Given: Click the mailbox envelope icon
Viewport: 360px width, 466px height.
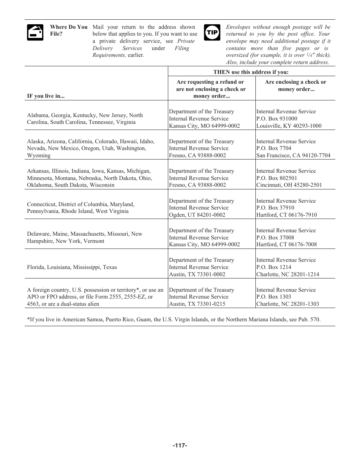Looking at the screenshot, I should point(35,32).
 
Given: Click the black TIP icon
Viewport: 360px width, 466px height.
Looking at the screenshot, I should point(212,33).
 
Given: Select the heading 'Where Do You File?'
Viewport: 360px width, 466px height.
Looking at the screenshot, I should point(69,30).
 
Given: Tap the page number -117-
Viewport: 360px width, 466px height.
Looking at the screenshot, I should point(180,446).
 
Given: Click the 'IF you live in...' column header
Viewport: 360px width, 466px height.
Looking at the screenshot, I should point(45,96).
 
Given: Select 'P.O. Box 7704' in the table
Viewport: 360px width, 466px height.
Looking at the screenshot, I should point(274,148).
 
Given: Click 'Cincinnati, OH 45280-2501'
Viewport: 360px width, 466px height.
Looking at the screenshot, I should point(289,185).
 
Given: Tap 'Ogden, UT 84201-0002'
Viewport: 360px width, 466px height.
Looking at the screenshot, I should point(197,215).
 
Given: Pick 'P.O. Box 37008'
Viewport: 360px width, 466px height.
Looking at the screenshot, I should point(275,238).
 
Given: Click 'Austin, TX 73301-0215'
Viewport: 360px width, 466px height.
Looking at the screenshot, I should point(197,304).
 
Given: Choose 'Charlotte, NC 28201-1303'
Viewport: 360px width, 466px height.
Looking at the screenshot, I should point(288,304).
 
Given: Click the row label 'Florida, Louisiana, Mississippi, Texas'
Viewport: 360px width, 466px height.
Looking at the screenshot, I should point(72,267).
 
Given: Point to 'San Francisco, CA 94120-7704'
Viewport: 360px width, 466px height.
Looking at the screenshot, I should point(293,155).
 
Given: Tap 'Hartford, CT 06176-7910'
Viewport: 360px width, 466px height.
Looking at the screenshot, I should point(286,215).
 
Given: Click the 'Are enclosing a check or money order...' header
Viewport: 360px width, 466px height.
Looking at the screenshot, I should point(295,86).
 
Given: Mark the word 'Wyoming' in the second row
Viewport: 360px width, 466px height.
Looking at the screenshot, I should point(39,155).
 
